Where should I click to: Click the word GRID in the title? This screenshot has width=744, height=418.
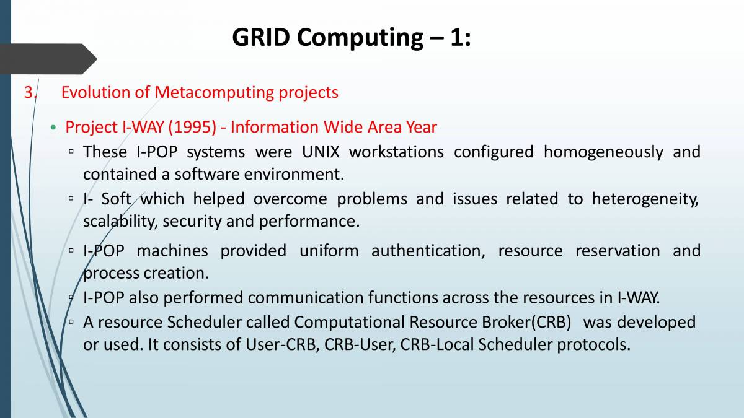(261, 37)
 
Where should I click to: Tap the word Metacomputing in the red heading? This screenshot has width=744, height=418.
(214, 92)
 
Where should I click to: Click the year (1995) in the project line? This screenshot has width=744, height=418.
(192, 127)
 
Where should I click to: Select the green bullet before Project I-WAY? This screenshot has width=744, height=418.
(53, 128)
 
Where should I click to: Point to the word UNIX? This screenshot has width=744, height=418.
(321, 152)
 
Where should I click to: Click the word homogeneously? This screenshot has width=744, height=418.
(603, 152)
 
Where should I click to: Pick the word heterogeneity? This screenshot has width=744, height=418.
(645, 199)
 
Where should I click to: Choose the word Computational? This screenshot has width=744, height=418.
(349, 323)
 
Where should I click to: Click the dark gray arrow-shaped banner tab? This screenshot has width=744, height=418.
(48, 59)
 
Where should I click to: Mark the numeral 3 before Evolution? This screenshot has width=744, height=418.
(29, 92)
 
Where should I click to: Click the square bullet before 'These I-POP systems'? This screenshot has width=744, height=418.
(71, 152)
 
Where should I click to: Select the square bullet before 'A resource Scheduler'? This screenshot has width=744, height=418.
(71, 322)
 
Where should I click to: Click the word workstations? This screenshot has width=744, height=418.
(396, 152)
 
